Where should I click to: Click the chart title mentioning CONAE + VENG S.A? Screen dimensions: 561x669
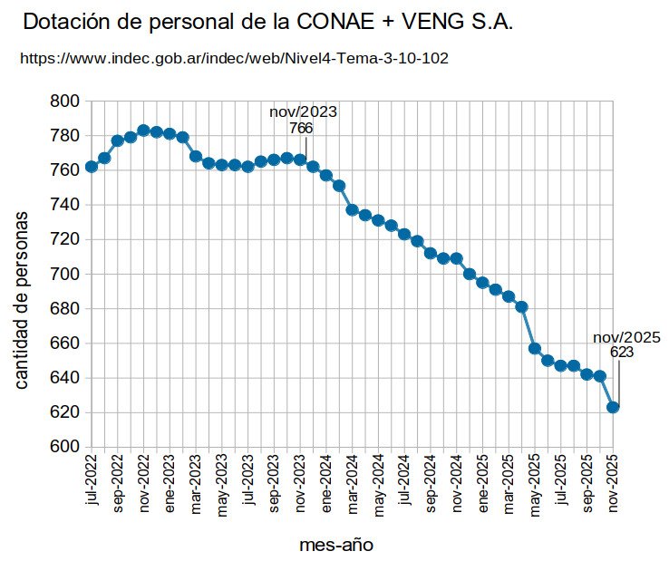(267, 23)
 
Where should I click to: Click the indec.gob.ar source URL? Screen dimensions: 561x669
(234, 58)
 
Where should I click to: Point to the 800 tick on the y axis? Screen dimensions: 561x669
(65, 102)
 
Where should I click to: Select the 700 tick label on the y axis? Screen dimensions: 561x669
(65, 274)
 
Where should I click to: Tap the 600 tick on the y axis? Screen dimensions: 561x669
(65, 447)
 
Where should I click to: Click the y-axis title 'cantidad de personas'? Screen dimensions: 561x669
(23, 299)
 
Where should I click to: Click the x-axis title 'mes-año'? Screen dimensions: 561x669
(335, 545)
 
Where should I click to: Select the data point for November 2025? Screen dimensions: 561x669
(613, 407)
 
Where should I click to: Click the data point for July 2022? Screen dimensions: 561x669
(92, 167)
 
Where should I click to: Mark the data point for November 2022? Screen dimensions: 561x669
(143, 131)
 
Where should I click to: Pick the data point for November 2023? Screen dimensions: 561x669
(300, 160)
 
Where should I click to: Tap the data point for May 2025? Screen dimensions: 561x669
(535, 348)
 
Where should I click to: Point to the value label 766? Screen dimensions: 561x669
(301, 129)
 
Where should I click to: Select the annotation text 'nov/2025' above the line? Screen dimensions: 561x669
(626, 337)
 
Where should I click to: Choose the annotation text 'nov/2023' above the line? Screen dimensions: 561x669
(303, 112)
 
